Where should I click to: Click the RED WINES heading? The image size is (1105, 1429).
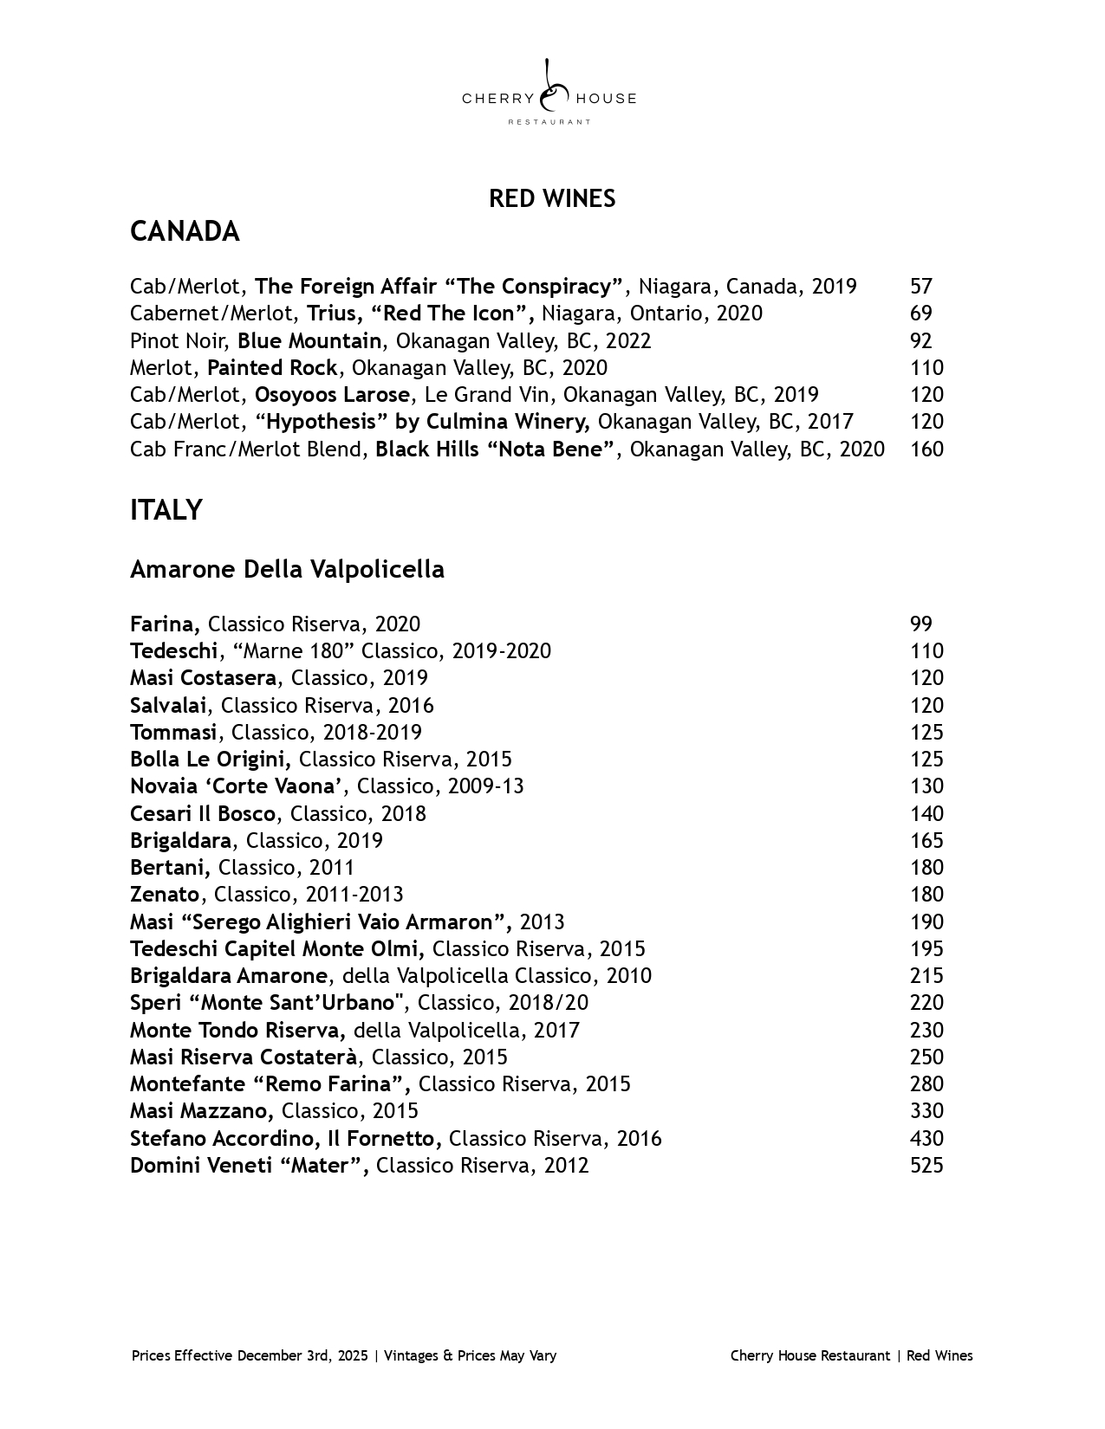552,199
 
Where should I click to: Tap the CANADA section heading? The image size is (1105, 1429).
185,232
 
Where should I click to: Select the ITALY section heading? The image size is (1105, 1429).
166,511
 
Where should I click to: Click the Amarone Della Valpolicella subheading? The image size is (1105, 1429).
287,570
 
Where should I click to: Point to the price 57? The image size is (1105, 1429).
920,287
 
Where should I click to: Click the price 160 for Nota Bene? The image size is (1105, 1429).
926,449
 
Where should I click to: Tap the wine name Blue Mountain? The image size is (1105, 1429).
309,341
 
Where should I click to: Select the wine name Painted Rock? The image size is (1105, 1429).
272,368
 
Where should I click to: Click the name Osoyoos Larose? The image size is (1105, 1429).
332,395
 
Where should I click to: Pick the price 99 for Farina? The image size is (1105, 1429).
920,624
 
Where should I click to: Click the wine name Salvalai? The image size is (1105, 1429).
168,706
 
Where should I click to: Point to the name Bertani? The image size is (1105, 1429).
169,868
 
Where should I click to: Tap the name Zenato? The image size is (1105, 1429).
165,895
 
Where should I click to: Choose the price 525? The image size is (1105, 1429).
926,1166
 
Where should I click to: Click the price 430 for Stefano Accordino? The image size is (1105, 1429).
926,1139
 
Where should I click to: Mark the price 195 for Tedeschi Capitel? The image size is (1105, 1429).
926,949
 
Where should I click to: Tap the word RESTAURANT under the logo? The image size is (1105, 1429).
549,122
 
